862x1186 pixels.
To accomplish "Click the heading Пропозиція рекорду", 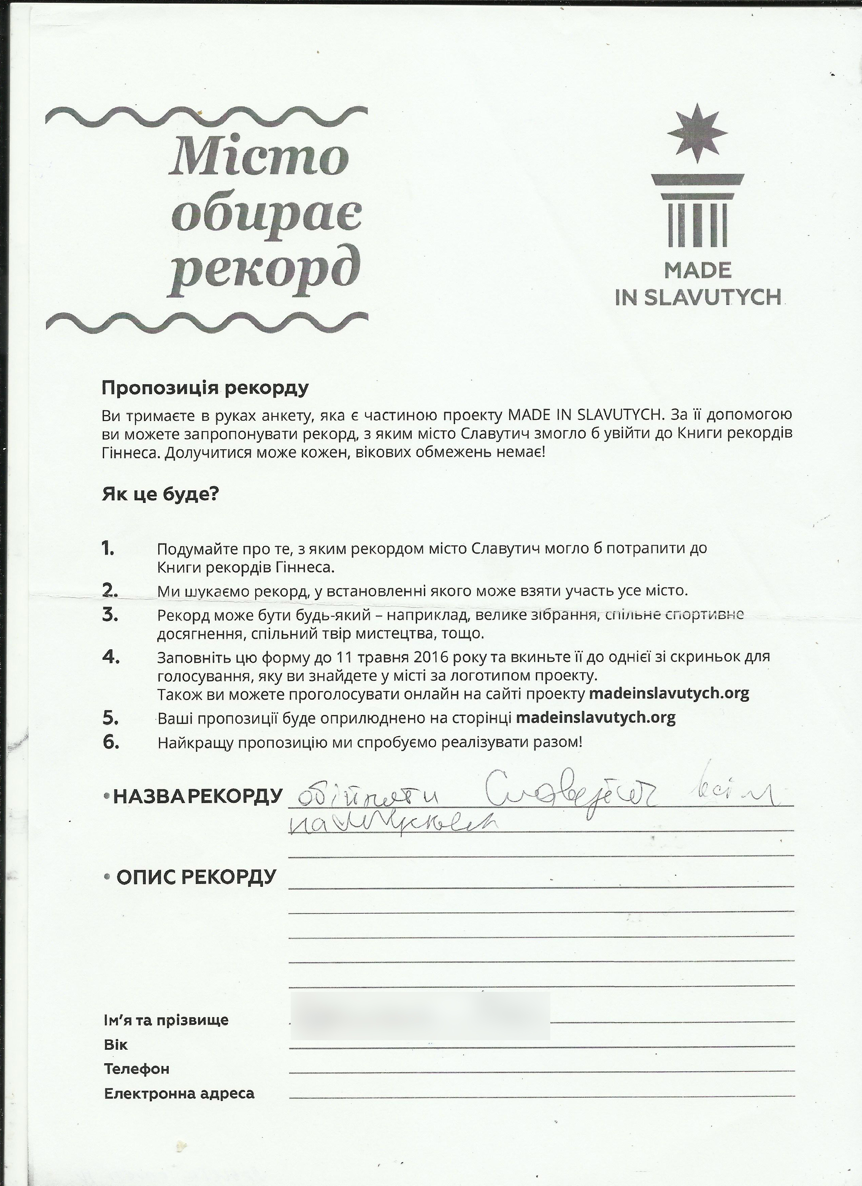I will (x=205, y=388).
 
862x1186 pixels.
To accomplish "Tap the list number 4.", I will (x=110, y=657).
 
